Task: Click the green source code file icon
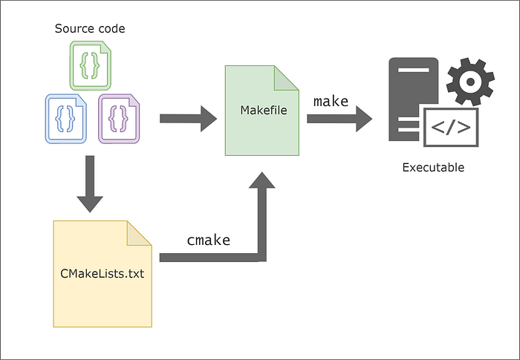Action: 89,65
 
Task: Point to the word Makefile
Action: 263,111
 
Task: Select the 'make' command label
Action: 331,101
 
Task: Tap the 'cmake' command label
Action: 208,240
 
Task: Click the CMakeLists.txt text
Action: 102,273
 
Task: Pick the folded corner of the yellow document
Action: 138,233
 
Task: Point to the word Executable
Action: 433,168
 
